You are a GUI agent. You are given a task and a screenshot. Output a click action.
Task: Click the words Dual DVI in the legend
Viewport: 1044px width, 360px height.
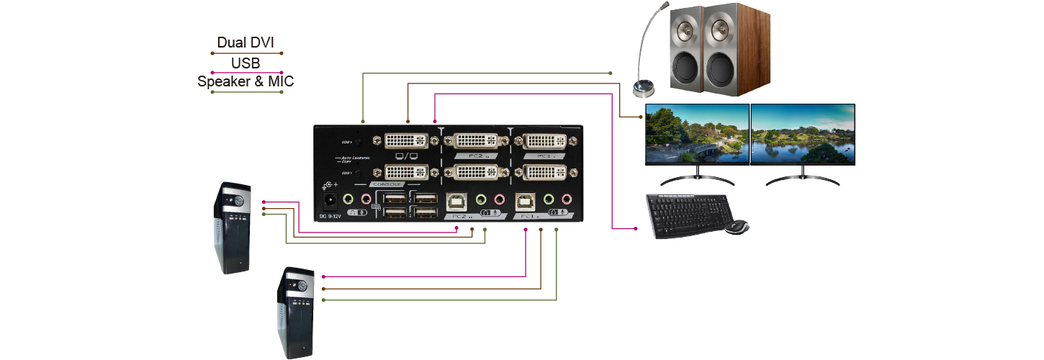coord(246,43)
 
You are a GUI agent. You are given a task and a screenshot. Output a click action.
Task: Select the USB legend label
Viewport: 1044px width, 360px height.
coord(246,63)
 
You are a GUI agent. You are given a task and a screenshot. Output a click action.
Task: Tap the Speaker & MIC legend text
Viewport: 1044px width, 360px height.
coord(246,81)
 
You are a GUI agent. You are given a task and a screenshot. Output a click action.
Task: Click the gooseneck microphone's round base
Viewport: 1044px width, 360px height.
coord(642,89)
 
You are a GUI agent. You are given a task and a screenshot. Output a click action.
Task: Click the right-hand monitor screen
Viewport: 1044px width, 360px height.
coord(803,135)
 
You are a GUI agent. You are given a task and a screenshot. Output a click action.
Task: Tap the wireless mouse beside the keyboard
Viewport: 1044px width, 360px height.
coord(737,227)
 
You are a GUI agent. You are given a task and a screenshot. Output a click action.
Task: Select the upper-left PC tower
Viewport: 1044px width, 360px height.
coord(233,227)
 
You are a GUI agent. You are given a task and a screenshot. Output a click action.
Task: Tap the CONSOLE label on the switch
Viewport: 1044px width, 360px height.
coord(387,184)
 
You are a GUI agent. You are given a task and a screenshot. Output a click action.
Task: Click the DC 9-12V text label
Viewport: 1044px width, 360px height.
coord(329,217)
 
